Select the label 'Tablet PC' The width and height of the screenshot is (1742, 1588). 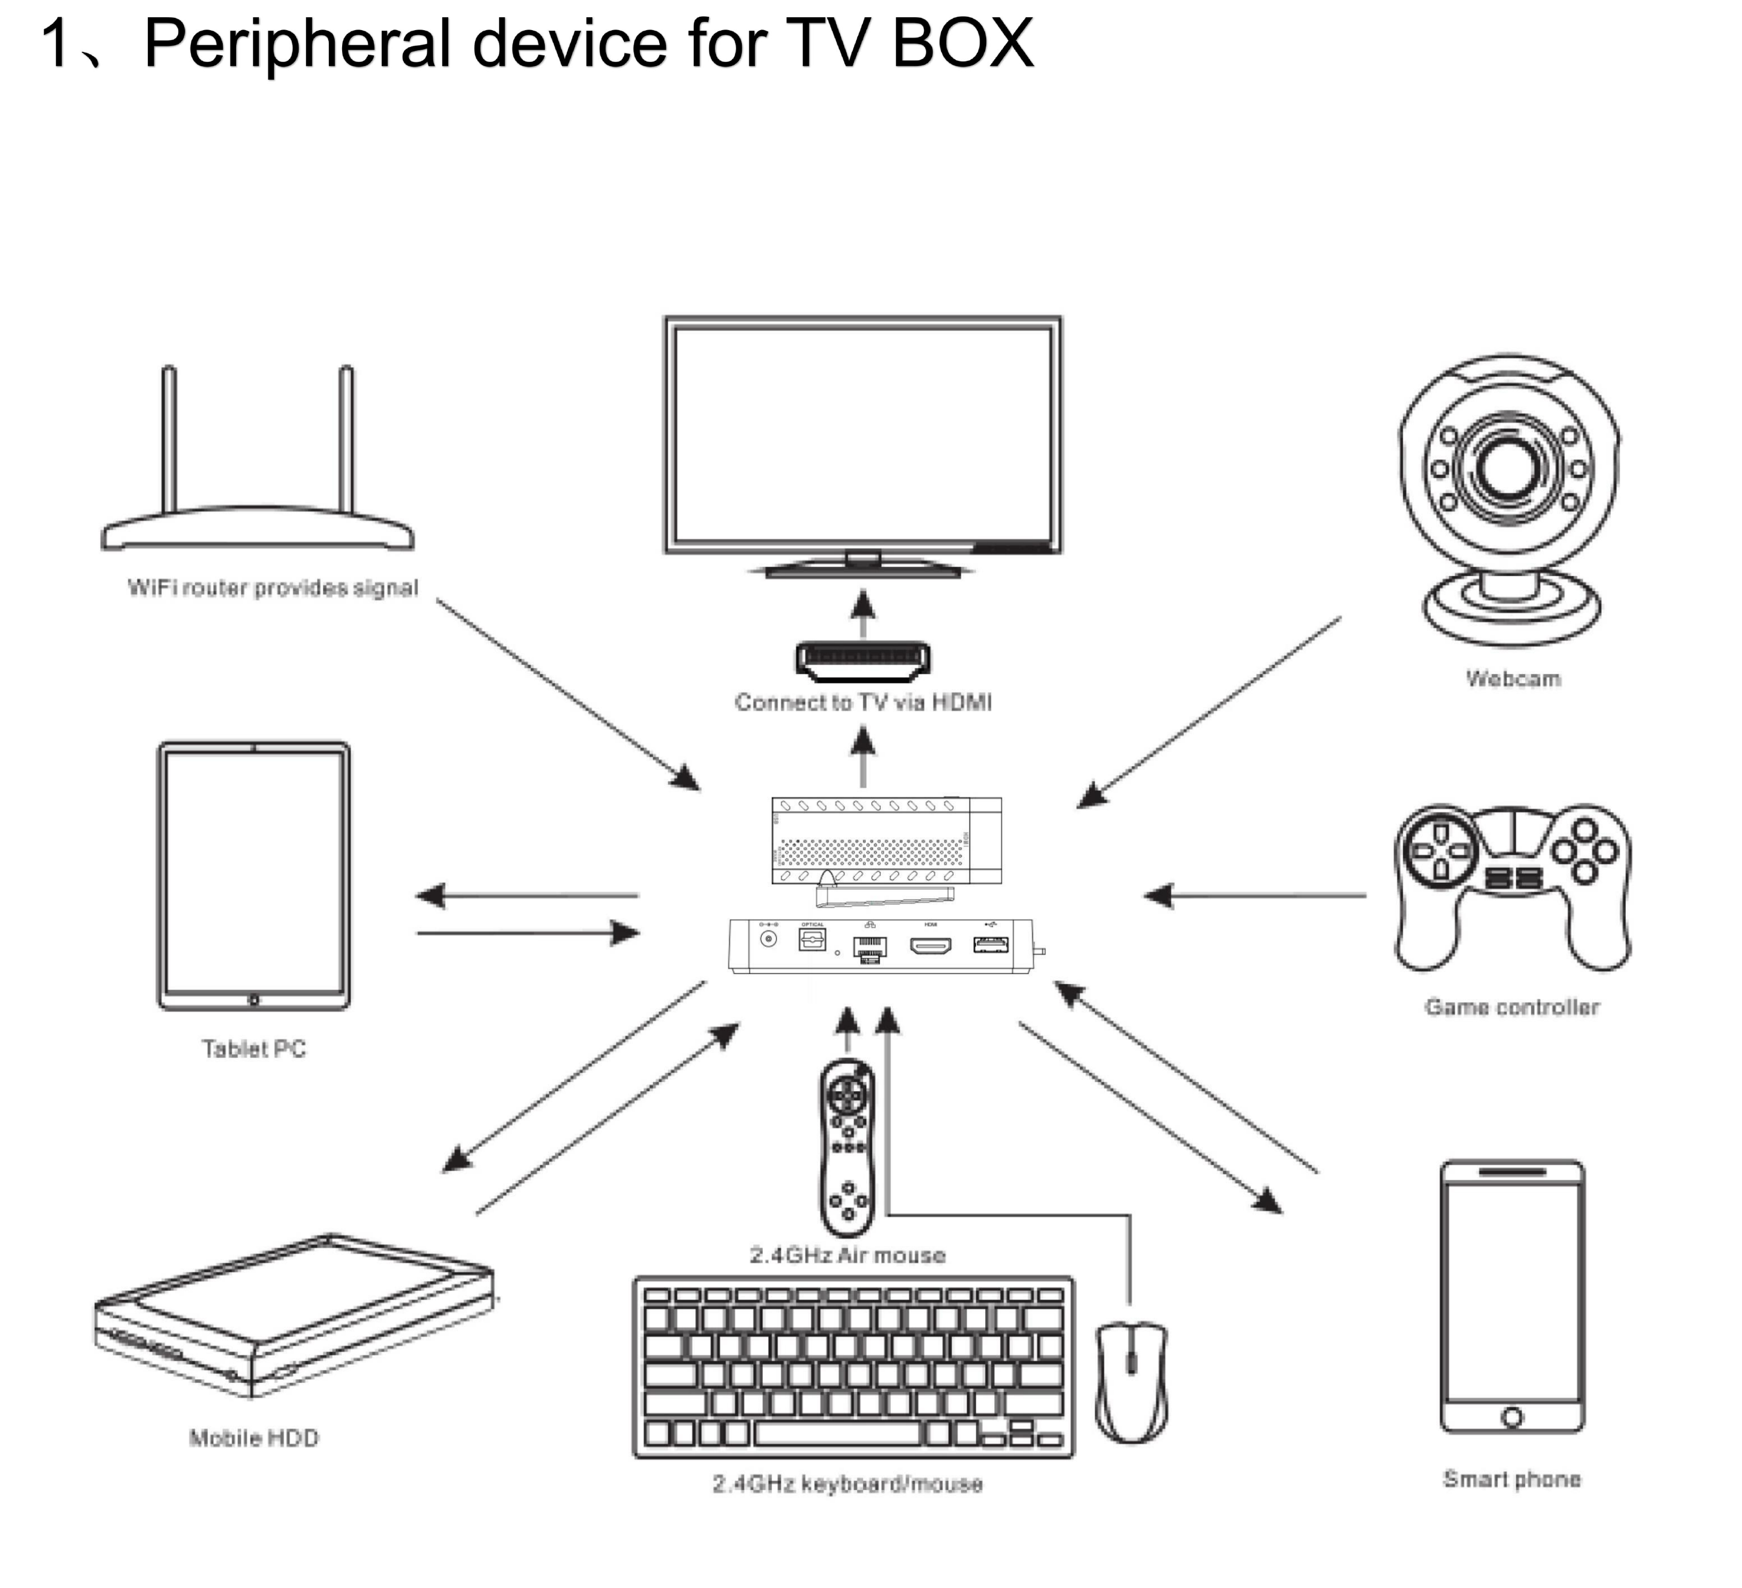click(254, 1049)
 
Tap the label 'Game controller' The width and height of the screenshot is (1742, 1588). click(1512, 1007)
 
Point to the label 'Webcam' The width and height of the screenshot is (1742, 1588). click(1513, 678)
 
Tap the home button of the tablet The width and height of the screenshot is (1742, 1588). click(253, 1000)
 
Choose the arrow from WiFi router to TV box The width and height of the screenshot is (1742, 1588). click(567, 693)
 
